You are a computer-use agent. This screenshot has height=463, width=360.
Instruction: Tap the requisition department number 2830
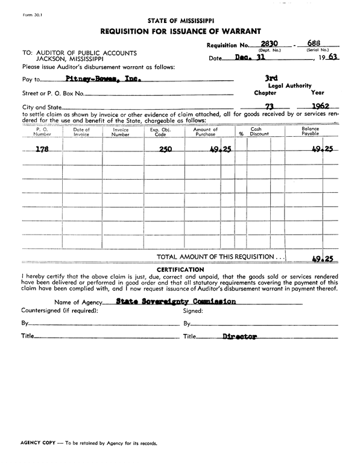(263, 43)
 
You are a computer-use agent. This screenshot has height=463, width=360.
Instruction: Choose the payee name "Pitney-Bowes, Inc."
(101, 78)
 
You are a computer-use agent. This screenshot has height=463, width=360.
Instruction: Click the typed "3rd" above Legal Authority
(272, 78)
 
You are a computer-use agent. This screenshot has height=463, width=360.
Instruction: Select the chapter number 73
(261, 107)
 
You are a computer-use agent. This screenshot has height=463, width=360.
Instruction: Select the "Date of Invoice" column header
(81, 132)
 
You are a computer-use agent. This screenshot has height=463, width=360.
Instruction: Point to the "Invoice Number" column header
(121, 132)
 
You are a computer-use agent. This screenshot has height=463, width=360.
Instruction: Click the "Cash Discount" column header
(259, 132)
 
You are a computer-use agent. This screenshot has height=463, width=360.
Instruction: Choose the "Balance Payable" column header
(311, 132)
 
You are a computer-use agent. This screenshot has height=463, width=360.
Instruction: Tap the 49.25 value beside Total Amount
(322, 259)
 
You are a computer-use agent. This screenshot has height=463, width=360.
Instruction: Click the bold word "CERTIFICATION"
(180, 269)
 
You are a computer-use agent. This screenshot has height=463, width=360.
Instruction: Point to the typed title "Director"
(239, 336)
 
